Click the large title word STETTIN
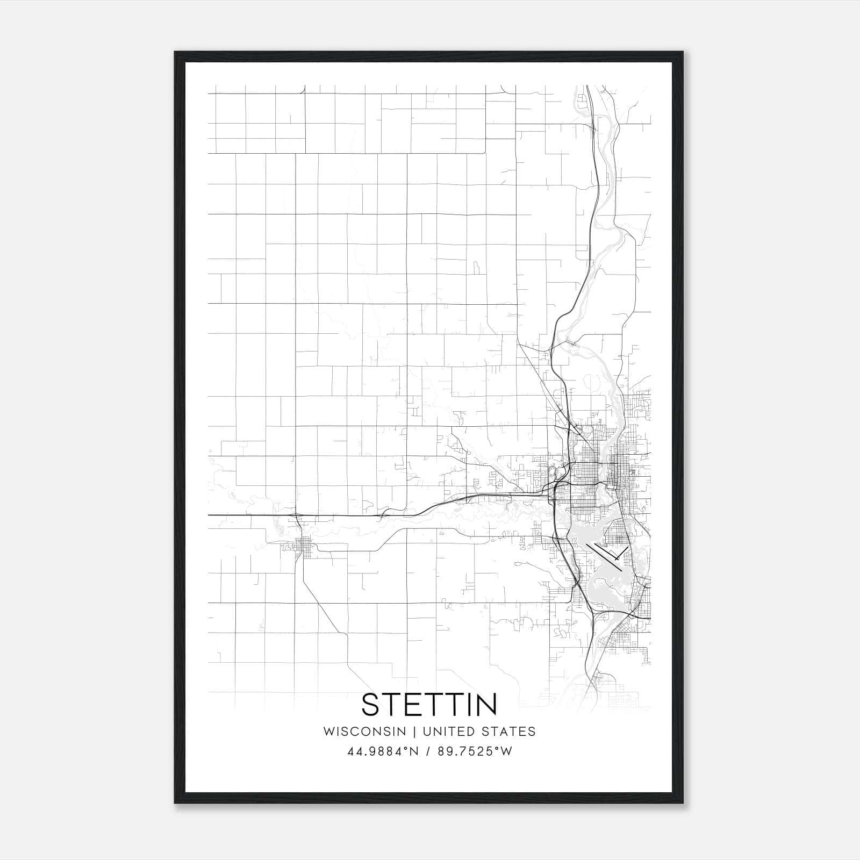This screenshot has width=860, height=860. (x=429, y=705)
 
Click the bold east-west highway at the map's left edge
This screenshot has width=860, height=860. (x=226, y=515)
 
